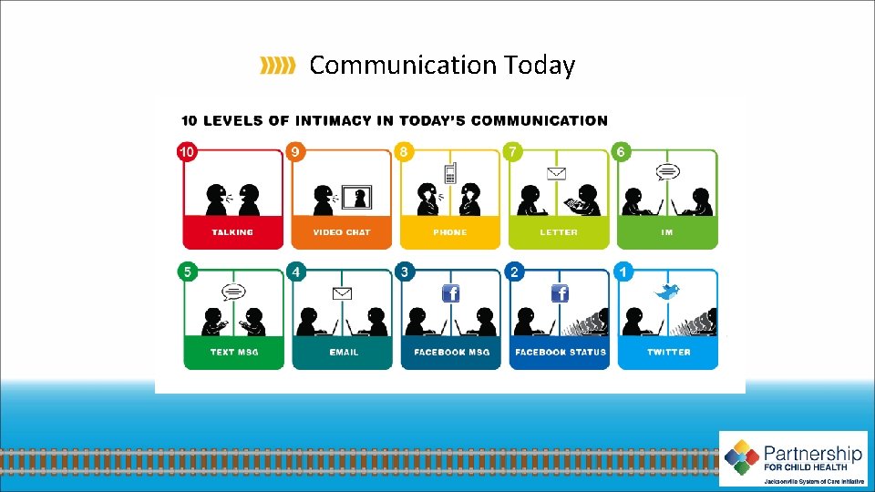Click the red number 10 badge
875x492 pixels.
pyautogui.click(x=187, y=152)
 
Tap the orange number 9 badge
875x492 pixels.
pyautogui.click(x=295, y=152)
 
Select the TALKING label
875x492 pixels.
pyautogui.click(x=232, y=232)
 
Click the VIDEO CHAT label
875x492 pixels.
pyautogui.click(x=342, y=232)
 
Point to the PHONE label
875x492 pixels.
pyautogui.click(x=450, y=232)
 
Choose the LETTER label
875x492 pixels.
pyautogui.click(x=559, y=232)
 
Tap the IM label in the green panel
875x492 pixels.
pyautogui.click(x=667, y=232)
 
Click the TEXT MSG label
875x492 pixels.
pyautogui.click(x=234, y=352)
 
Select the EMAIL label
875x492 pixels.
pyautogui.click(x=343, y=352)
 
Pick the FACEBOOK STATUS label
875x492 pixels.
pyautogui.click(x=561, y=352)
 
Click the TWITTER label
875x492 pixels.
pyautogui.click(x=669, y=352)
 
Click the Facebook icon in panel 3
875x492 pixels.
pyautogui.click(x=451, y=293)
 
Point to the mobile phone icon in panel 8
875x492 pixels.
pyautogui.click(x=449, y=173)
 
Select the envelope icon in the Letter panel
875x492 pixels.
pyautogui.click(x=557, y=173)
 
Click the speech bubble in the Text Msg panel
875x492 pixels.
pyautogui.click(x=234, y=292)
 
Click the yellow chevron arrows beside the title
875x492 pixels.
pyautogui.click(x=278, y=65)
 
